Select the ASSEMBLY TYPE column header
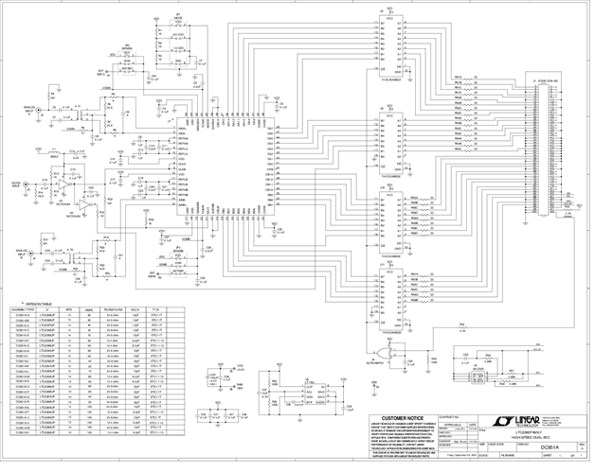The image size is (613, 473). coord(20,310)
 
